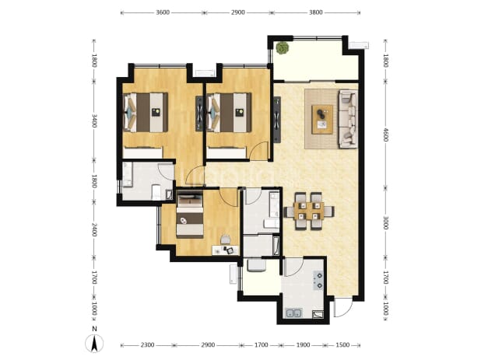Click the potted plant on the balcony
click(x=283, y=48)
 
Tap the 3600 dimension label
click(x=163, y=12)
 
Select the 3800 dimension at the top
click(x=316, y=12)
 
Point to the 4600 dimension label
click(x=385, y=135)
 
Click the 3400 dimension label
click(x=94, y=121)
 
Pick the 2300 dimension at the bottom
click(x=147, y=345)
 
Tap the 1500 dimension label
click(x=342, y=345)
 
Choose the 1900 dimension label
click(x=303, y=345)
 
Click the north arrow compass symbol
click(x=95, y=343)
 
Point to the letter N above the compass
click(x=95, y=329)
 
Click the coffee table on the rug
click(x=322, y=120)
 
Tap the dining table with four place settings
click(x=309, y=211)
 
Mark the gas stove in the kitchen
click(x=318, y=281)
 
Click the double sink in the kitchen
click(x=293, y=313)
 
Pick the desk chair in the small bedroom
click(x=226, y=239)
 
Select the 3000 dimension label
click(x=385, y=222)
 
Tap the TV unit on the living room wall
click(x=277, y=120)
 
